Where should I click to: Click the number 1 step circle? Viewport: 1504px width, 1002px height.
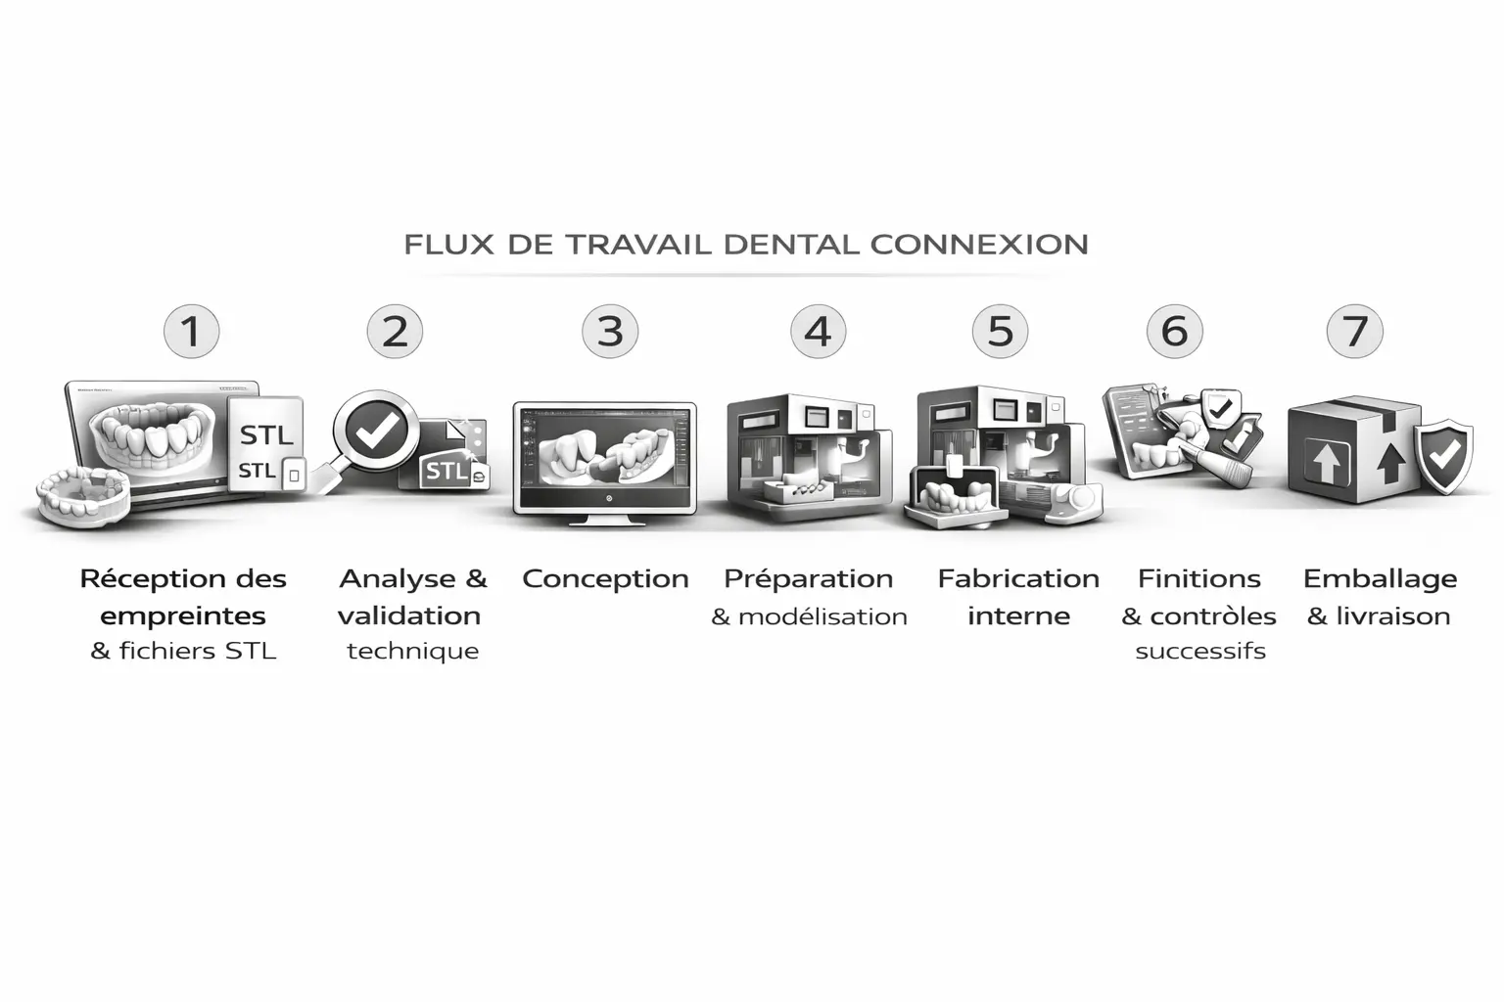pos(191,331)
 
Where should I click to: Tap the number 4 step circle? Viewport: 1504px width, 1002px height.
pos(818,331)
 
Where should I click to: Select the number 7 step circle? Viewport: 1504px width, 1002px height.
pos(1354,331)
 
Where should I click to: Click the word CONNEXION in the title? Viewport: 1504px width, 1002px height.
pos(979,245)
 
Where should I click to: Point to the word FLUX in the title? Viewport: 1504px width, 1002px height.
pos(449,245)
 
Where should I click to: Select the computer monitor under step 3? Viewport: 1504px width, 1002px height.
pos(604,463)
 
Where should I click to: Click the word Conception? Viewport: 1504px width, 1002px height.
pos(606,579)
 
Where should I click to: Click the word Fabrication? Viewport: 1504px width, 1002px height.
pos(1018,578)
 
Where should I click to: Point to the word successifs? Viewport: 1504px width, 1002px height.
pos(1200,651)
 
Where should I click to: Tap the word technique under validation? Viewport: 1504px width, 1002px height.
pos(413,652)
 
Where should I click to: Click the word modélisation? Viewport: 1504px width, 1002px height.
pos(822,616)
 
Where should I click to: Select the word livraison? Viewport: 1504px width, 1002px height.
pos(1393,616)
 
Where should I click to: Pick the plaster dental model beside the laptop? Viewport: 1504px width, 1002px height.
pos(83,497)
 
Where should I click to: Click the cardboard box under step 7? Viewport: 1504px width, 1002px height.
pos(1354,451)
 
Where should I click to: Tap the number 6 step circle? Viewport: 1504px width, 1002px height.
pos(1174,331)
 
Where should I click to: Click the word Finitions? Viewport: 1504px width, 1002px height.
pos(1199,578)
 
